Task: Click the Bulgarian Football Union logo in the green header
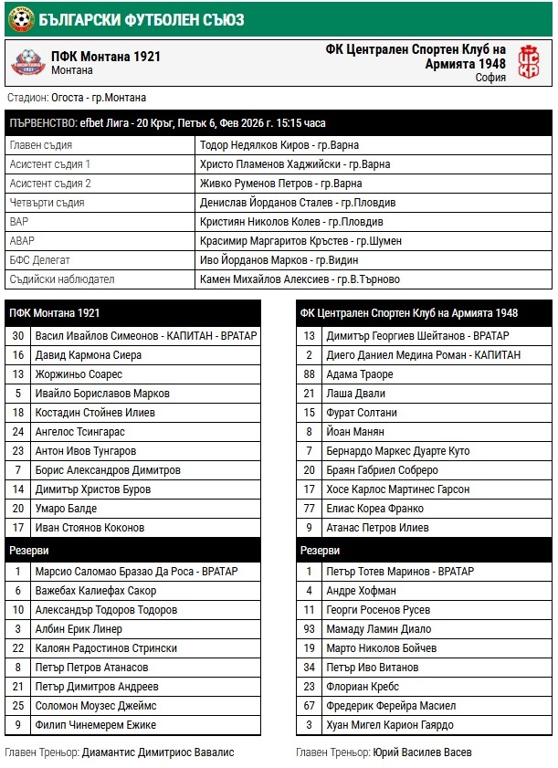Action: [x=20, y=16]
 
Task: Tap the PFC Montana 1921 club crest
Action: [x=28, y=62]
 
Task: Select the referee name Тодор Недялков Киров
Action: [x=279, y=145]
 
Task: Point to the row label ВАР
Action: [x=19, y=222]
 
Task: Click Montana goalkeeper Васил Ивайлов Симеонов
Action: [x=146, y=336]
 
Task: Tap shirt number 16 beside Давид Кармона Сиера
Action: [x=17, y=355]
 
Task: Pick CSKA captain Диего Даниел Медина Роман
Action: [x=424, y=355]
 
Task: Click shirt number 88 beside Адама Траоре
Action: [x=310, y=374]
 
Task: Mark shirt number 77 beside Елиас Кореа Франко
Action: [x=310, y=509]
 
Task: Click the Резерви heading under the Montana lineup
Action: [x=29, y=551]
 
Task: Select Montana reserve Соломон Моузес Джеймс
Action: [x=97, y=706]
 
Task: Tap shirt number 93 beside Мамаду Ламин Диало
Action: [x=310, y=629]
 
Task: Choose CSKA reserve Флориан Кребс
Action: [x=363, y=687]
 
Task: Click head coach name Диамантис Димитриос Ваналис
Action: [x=158, y=752]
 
